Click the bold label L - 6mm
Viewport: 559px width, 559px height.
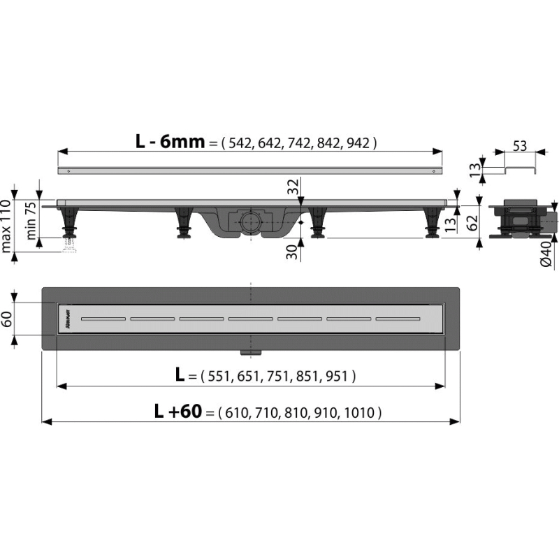tap(170, 142)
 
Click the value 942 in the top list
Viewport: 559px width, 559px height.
tap(358, 143)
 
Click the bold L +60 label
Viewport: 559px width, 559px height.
tap(178, 412)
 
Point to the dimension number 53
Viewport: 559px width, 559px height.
tap(519, 146)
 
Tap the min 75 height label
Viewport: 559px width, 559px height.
tap(31, 220)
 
